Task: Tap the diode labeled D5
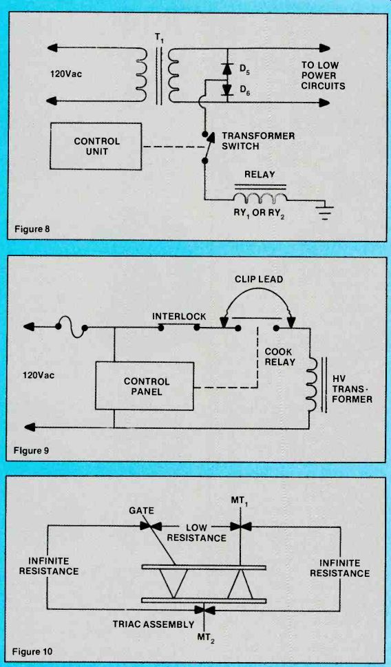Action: click(226, 67)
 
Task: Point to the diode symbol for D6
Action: click(226, 89)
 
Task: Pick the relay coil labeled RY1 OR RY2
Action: click(259, 198)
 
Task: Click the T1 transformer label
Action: click(159, 38)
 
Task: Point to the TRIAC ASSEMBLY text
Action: click(154, 625)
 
